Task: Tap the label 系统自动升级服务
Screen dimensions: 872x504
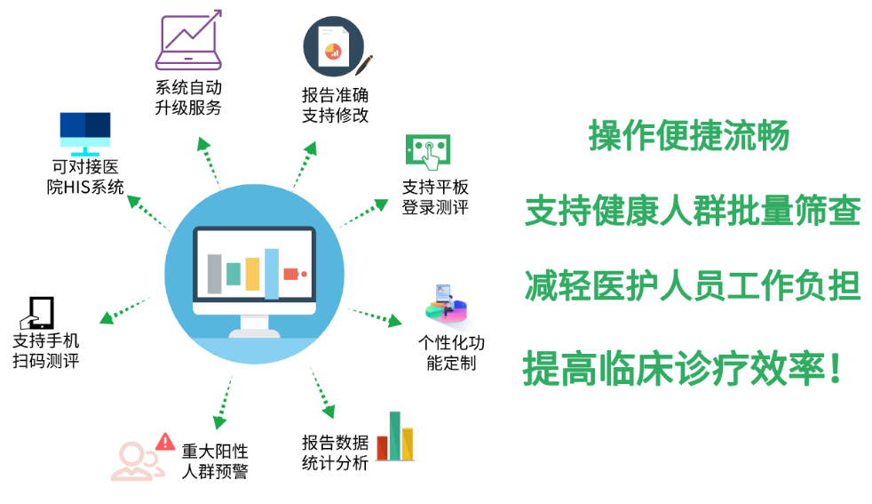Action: point(188,98)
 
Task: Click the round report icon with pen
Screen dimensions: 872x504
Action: point(337,47)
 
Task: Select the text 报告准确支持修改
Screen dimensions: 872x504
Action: point(336,105)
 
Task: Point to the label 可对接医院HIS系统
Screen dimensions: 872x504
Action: point(85,177)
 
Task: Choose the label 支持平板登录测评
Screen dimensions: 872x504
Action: point(435,197)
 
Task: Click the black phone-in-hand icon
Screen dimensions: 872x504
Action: point(37,313)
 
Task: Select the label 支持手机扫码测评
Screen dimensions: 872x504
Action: point(46,350)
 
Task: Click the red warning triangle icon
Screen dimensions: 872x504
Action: point(165,442)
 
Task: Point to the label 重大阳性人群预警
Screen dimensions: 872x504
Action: point(215,461)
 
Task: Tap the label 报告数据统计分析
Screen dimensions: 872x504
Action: point(336,452)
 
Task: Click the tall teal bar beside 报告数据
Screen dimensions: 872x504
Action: point(395,436)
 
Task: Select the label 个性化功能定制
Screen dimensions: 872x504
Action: point(452,353)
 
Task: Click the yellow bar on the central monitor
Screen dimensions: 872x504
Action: point(252,274)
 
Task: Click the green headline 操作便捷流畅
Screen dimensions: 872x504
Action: point(689,135)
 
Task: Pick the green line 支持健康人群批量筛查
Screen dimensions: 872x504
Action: point(693,211)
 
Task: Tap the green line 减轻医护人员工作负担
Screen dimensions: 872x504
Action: point(693,285)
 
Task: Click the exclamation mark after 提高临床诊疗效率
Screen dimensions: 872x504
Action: point(834,368)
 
